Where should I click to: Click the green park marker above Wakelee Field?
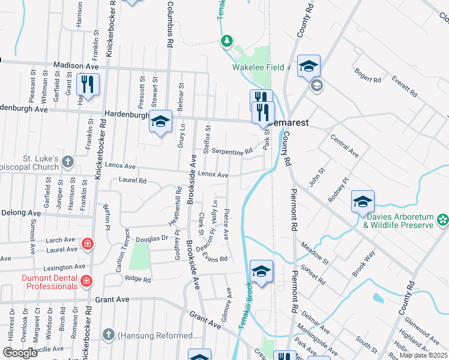227,41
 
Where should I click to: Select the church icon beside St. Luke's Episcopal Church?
68,161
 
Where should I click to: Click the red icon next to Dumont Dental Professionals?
86,280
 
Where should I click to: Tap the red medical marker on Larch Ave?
87,244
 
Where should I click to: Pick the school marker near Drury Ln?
161,122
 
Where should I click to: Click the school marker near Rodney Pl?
363,202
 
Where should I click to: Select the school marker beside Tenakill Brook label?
262,272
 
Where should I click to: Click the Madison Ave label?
76,65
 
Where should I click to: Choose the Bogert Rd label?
368,77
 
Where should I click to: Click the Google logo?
20,353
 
